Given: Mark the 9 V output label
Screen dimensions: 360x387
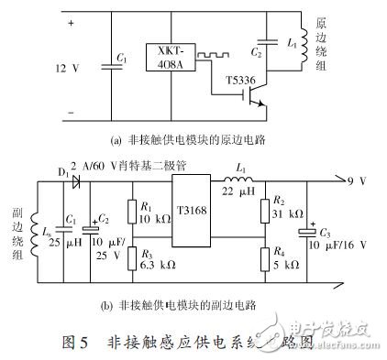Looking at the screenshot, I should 366,181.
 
